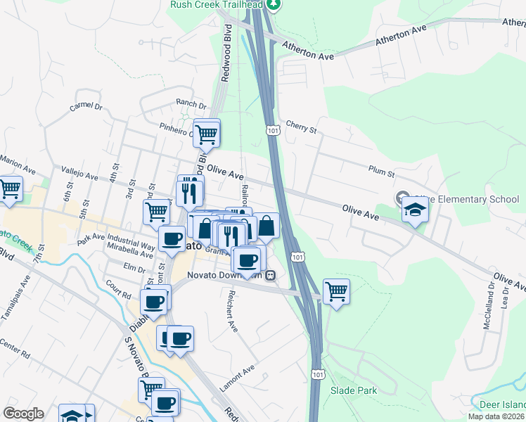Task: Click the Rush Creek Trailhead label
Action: [216, 5]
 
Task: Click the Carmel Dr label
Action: [86, 108]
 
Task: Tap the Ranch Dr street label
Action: [191, 103]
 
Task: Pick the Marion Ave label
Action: [18, 167]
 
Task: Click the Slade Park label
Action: [354, 390]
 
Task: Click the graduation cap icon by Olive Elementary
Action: [415, 209]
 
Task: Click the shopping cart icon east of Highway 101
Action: [337, 290]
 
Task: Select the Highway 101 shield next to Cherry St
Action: [273, 130]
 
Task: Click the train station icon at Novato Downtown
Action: [269, 275]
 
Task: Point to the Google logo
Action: [23, 414]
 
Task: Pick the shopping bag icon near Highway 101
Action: [267, 226]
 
